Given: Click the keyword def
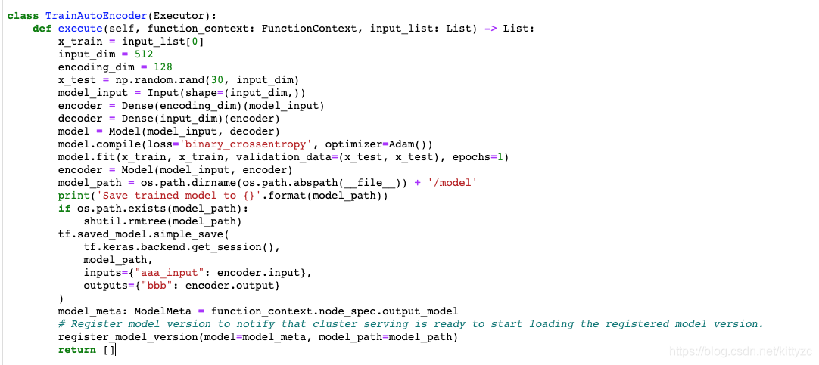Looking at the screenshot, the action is [x=42, y=29].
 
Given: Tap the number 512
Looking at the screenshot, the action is [x=144, y=54].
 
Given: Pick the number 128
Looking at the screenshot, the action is [x=163, y=67].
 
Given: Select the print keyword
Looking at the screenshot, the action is [x=73, y=196].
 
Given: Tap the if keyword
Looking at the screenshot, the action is [x=64, y=209].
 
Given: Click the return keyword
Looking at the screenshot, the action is [x=77, y=349].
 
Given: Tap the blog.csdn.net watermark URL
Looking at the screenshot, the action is [x=742, y=351].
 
